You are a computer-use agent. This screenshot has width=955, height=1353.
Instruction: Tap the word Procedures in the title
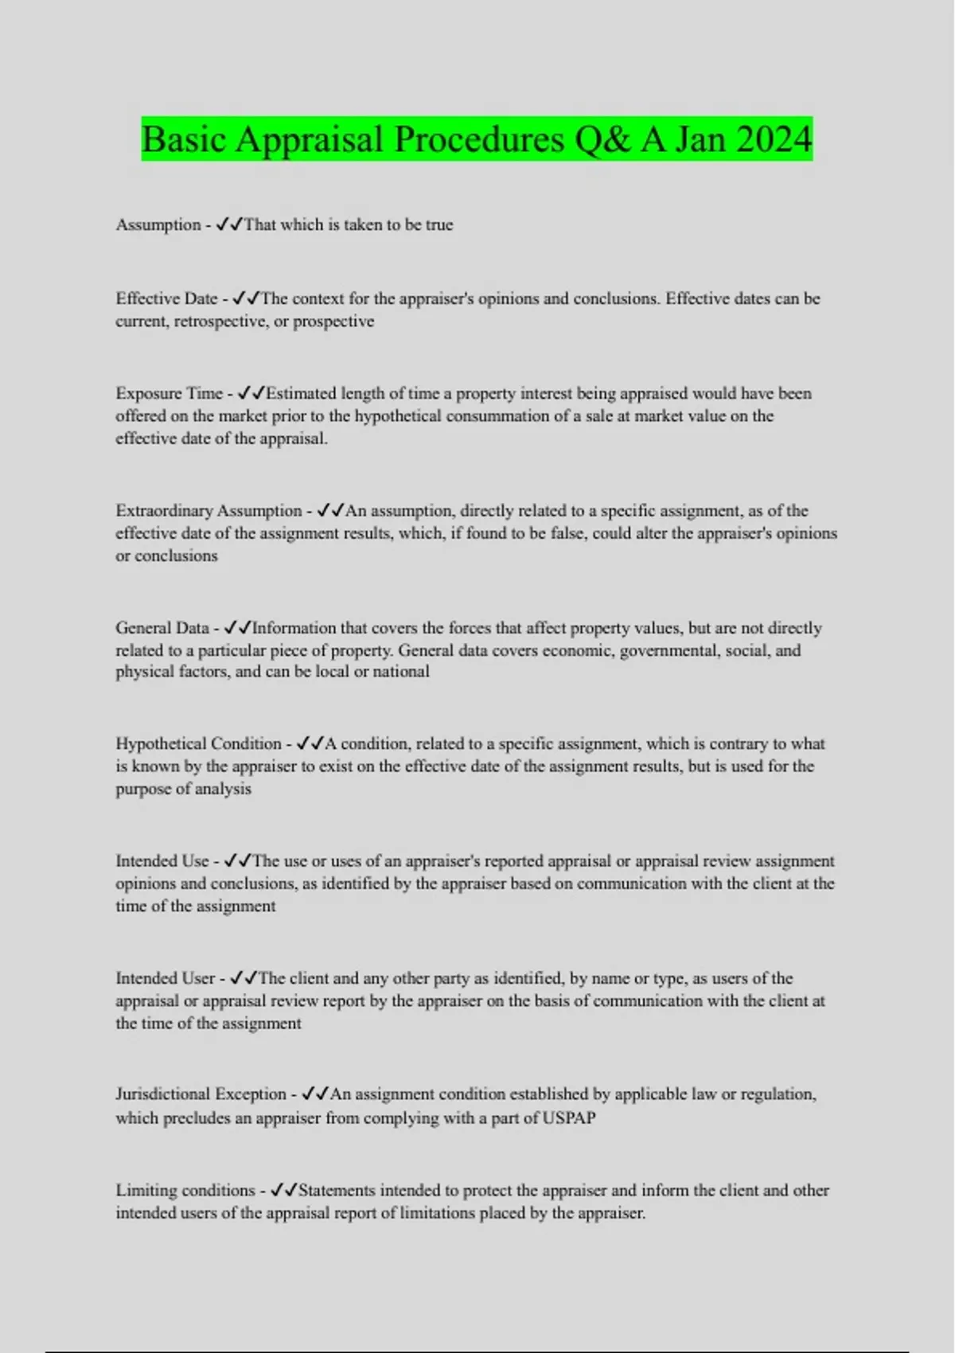pos(479,139)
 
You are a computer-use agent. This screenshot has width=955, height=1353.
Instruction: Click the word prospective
pos(333,322)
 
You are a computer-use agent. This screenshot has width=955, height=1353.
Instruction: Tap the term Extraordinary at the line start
pos(164,510)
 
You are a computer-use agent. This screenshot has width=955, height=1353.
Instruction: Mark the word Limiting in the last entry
pos(146,1191)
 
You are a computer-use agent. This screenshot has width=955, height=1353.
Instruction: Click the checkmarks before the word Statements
pos(284,1191)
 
